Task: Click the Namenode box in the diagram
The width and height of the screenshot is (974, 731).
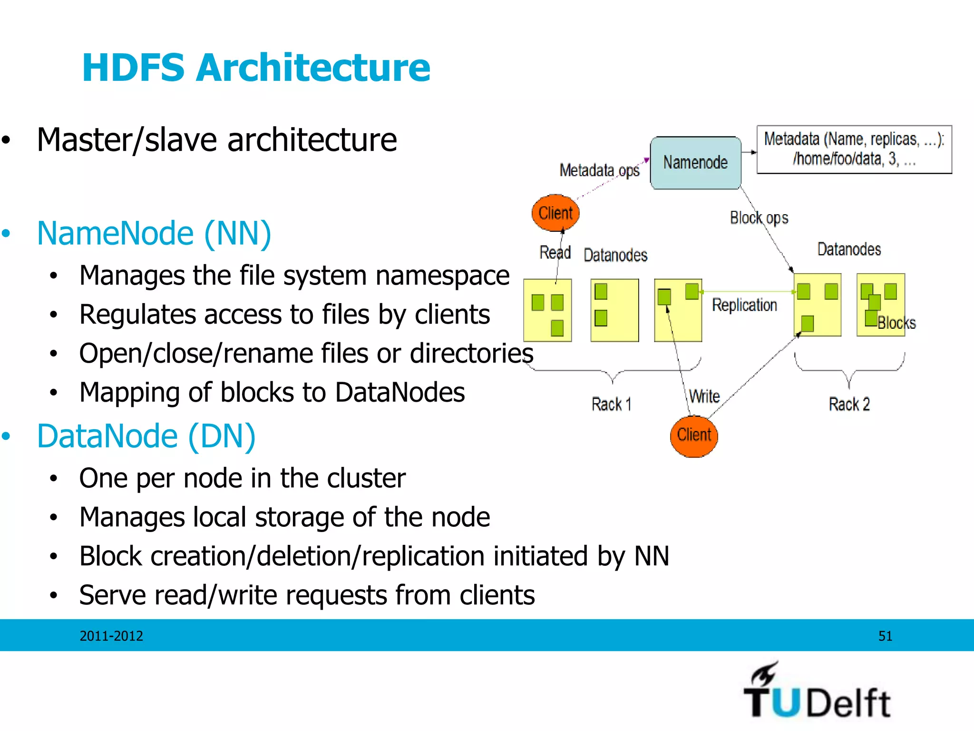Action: click(695, 163)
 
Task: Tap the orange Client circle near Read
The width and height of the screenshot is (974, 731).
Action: click(555, 213)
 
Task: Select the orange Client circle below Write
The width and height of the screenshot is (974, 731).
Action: click(694, 435)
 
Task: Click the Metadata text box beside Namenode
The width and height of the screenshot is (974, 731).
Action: click(854, 149)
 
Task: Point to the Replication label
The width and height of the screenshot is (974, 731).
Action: click(744, 305)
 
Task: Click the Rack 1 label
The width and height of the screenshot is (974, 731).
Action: click(612, 404)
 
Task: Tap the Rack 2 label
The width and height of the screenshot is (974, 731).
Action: click(849, 404)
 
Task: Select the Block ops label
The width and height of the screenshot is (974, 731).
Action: click(759, 218)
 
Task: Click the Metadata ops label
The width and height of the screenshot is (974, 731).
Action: click(599, 170)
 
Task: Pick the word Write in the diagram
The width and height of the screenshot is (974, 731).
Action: click(704, 396)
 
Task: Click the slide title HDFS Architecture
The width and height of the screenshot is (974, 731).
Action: click(256, 68)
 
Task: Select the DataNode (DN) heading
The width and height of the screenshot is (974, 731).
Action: click(146, 436)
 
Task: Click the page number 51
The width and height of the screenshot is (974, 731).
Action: click(885, 636)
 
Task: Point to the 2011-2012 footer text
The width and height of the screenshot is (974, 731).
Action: click(111, 636)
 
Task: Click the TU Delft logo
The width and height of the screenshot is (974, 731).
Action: click(817, 692)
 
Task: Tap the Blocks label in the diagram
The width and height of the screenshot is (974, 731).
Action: click(896, 323)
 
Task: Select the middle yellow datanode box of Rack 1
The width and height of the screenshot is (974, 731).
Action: click(614, 310)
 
